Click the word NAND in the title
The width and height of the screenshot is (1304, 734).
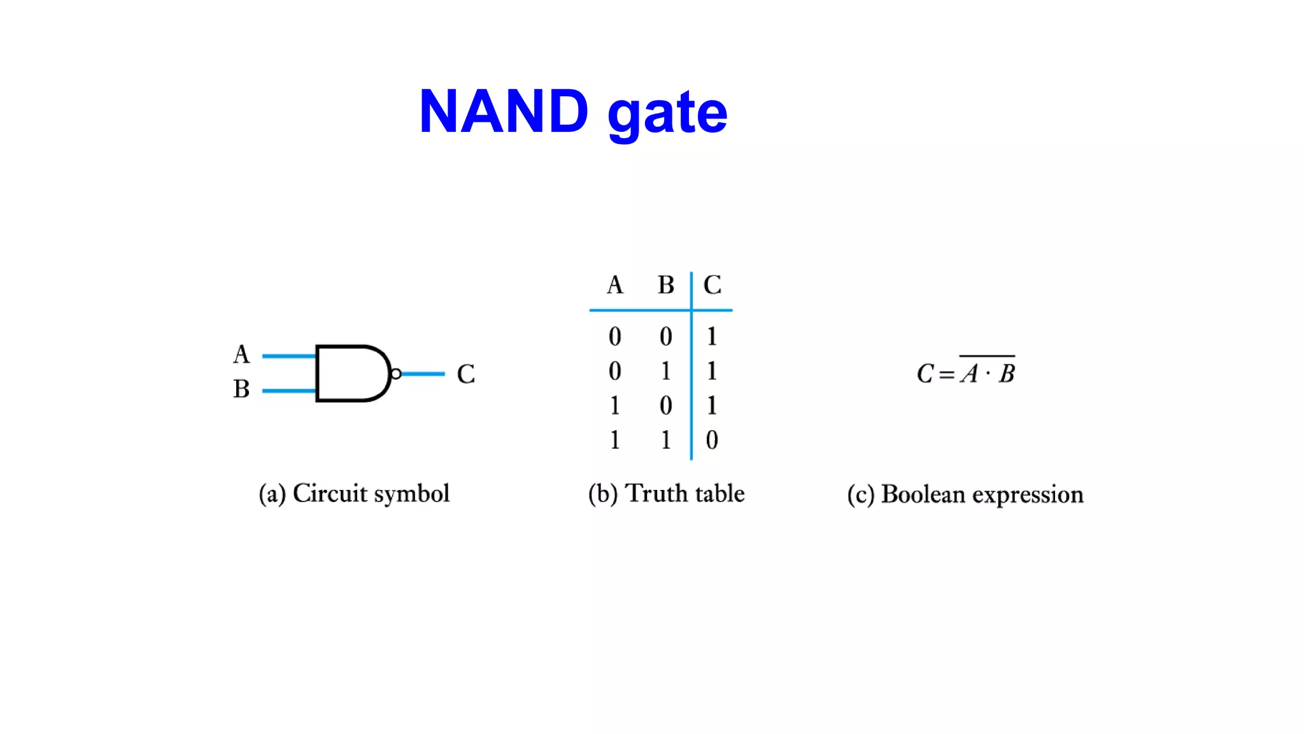tap(503, 112)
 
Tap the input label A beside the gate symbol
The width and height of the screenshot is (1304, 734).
tap(241, 354)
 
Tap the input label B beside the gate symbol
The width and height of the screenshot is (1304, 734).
tap(241, 389)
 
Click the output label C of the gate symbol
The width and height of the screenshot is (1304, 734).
tap(465, 374)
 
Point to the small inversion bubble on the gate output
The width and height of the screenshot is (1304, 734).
tap(395, 374)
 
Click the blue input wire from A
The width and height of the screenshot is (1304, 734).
tap(288, 356)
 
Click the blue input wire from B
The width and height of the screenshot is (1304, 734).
tap(288, 391)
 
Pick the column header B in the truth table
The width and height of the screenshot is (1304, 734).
tap(666, 285)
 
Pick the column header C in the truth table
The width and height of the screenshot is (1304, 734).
tap(712, 285)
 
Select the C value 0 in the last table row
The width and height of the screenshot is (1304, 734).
tap(712, 440)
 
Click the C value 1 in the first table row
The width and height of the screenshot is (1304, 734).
tap(712, 336)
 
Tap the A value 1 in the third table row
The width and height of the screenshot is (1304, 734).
tap(614, 406)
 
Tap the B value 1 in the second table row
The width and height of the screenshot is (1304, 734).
tap(666, 371)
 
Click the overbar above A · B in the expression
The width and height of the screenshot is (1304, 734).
tap(987, 356)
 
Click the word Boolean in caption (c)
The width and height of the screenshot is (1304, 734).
tap(923, 494)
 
